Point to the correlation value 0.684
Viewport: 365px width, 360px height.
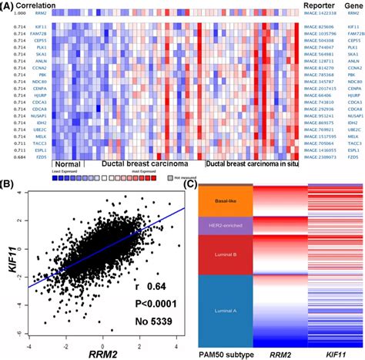pyautogui.click(x=11, y=156)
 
